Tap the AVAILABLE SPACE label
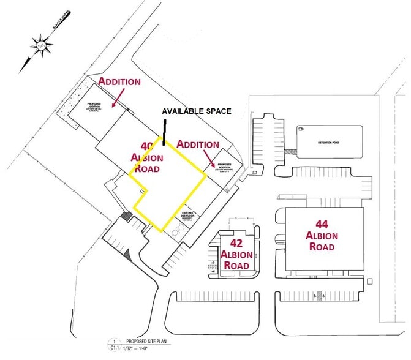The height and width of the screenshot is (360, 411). (196, 111)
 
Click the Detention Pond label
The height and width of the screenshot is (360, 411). (328, 142)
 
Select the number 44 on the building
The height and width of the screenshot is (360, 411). (322, 224)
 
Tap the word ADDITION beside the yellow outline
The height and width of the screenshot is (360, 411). (197, 144)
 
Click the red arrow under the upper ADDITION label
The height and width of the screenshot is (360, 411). (118, 97)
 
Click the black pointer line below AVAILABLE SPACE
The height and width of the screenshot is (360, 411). (164, 132)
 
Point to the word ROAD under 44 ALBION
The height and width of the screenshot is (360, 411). (322, 247)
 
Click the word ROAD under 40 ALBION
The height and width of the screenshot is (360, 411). (146, 168)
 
